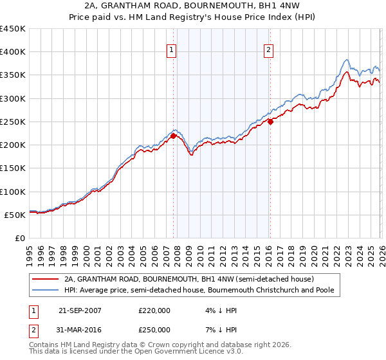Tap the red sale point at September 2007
(x=173, y=136)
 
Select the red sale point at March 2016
(x=270, y=122)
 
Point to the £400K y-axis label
(x=13, y=52)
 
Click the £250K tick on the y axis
(x=13, y=122)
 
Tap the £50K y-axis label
(x=15, y=215)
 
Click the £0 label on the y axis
(x=21, y=239)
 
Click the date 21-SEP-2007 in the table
(x=80, y=310)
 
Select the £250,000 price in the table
(x=154, y=330)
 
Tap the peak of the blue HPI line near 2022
(x=346, y=60)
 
